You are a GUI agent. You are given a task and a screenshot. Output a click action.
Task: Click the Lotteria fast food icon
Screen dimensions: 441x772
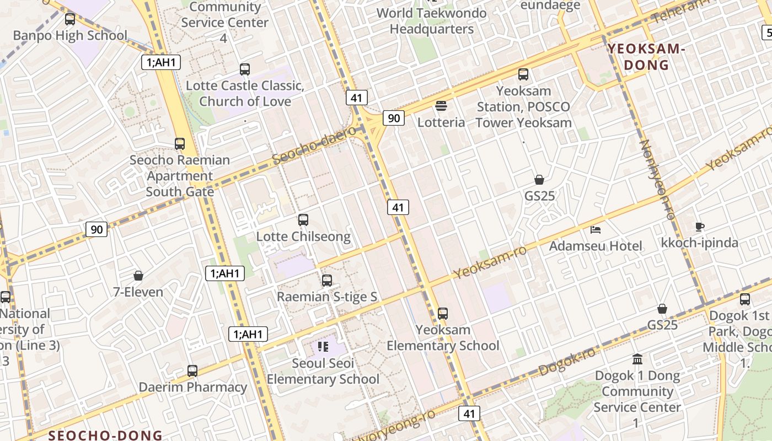(x=441, y=105)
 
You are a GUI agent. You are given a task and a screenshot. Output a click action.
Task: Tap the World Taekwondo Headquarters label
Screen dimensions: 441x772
(x=431, y=21)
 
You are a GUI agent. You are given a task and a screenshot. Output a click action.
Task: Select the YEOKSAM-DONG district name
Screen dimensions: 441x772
(x=646, y=57)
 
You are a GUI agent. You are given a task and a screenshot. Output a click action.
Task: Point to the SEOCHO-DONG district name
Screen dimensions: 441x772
(x=105, y=435)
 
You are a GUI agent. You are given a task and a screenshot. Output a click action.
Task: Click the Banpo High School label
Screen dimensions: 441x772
(x=70, y=36)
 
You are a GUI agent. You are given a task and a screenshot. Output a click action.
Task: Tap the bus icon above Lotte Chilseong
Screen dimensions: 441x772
(x=303, y=220)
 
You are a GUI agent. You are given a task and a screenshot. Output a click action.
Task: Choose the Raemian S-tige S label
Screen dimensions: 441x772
(x=327, y=297)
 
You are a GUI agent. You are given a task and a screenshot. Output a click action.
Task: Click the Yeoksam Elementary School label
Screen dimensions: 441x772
(x=443, y=338)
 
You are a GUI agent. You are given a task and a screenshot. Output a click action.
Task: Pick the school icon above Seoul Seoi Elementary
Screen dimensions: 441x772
(x=323, y=347)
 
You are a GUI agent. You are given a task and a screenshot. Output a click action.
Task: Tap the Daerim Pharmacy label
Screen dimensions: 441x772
(x=192, y=387)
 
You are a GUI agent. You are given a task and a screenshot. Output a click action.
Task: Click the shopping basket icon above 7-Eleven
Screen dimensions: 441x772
(x=138, y=276)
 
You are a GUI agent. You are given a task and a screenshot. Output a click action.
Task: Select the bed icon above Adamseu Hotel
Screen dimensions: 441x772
(x=596, y=229)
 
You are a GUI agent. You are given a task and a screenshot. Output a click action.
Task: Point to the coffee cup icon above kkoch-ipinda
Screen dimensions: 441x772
(x=700, y=227)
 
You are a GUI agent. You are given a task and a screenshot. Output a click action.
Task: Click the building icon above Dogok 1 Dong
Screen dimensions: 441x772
(x=637, y=359)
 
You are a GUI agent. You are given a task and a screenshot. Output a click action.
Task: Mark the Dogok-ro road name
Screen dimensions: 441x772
(x=567, y=361)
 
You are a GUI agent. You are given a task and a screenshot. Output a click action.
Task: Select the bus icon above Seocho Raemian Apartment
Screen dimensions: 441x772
(x=180, y=144)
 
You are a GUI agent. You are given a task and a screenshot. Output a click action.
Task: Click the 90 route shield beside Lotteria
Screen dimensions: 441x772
(x=394, y=118)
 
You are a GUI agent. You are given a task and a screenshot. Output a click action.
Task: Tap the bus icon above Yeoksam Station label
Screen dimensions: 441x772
(x=523, y=74)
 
